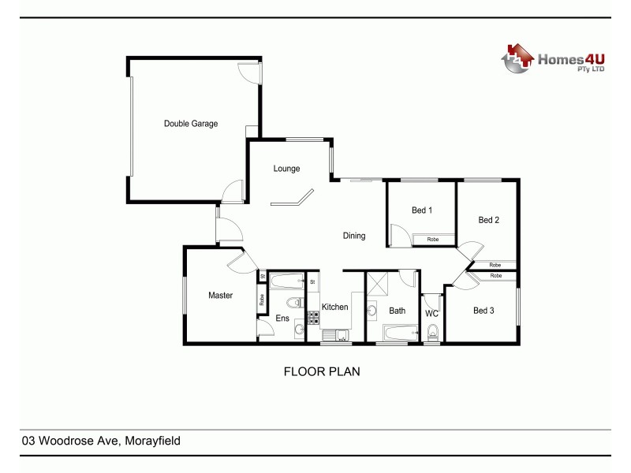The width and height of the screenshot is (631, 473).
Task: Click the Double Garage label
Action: pos(190,124)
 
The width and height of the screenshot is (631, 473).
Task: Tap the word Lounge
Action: pos(286,169)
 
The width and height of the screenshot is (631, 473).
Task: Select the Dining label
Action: pos(354,236)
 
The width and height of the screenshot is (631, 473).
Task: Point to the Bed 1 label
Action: pos(422,210)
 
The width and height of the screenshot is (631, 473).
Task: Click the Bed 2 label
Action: pos(489,221)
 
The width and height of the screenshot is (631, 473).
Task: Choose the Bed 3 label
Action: pos(484,311)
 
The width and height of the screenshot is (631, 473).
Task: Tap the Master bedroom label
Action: pos(220,296)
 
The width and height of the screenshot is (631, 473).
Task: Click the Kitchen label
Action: pos(334,307)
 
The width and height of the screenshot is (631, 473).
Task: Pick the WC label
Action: pos(431,314)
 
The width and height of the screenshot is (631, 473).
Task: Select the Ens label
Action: pos(282,318)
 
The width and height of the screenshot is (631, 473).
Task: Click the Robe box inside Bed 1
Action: pos(433,239)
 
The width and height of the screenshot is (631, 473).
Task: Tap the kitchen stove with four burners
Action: pos(312,318)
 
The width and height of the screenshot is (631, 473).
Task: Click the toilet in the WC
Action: pos(431,335)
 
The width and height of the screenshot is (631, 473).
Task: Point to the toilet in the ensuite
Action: pos(292,304)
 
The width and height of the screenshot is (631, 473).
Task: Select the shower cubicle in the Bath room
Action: pos(376,284)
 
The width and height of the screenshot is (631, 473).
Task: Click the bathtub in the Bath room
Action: pos(398,333)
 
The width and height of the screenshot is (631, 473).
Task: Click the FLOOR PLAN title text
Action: pos(322,371)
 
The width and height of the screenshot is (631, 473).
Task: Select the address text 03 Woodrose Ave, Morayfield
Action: pos(101,441)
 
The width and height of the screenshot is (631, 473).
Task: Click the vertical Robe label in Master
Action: pos(262,300)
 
